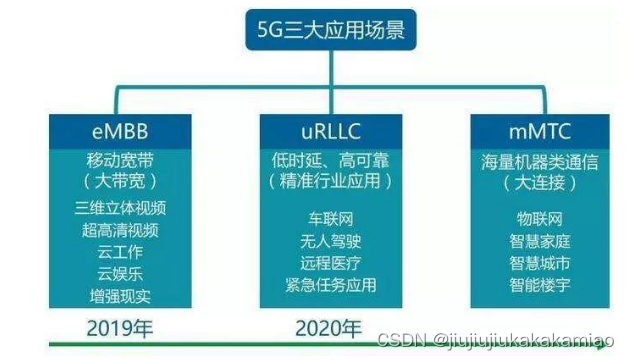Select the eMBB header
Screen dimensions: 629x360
tap(120, 133)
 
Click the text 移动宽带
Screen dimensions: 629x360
tap(120, 159)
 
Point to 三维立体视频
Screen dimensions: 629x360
tap(120, 208)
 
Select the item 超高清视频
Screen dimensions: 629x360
tap(120, 230)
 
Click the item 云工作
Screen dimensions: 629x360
tap(120, 252)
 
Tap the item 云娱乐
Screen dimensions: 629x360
tap(120, 274)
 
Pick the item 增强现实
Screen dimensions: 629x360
tap(120, 296)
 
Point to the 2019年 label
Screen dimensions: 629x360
tap(118, 327)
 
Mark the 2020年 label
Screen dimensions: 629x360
tap(329, 327)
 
